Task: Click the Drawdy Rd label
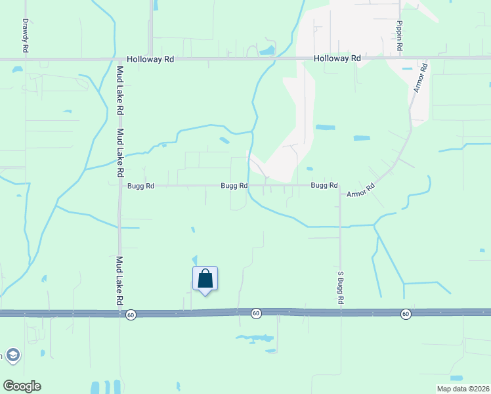click(26, 35)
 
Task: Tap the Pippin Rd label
click(399, 37)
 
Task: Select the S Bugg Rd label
click(341, 288)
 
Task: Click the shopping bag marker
click(205, 278)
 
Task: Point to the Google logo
click(22, 386)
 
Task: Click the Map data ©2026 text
click(462, 389)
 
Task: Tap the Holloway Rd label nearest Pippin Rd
click(337, 58)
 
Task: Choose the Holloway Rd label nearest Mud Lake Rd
click(150, 58)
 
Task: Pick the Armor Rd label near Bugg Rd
click(360, 191)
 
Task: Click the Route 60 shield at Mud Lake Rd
click(131, 315)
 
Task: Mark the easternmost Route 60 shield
click(406, 315)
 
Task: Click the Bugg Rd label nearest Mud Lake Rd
click(140, 186)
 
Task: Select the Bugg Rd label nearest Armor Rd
click(324, 186)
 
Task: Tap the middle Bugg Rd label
click(234, 186)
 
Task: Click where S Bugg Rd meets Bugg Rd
click(340, 186)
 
